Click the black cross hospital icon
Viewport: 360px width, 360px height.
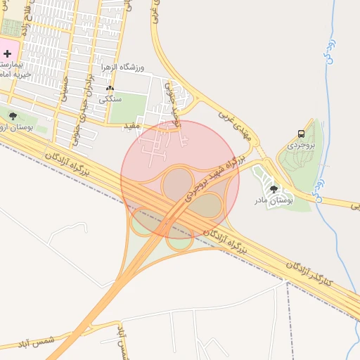tap(8, 53)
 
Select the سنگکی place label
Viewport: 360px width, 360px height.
tap(110, 99)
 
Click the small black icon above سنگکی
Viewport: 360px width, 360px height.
tap(110, 89)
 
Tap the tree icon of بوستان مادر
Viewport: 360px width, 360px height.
tap(274, 189)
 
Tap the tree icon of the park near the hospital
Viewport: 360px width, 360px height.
tap(12, 116)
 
